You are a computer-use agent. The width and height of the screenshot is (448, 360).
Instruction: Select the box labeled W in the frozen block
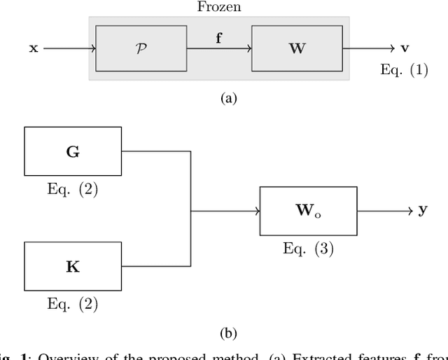click(x=297, y=48)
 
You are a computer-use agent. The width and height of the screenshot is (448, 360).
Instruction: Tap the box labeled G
click(x=72, y=151)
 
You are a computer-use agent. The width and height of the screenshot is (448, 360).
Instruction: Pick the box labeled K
click(x=72, y=266)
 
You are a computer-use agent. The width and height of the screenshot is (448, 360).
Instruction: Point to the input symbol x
click(x=33, y=49)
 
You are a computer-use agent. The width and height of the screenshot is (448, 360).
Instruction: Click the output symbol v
click(x=405, y=48)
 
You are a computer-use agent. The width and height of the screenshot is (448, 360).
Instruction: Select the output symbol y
click(x=423, y=209)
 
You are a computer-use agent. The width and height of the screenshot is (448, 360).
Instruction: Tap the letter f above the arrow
click(x=220, y=39)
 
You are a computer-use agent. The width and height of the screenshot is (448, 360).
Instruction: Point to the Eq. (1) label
click(x=403, y=70)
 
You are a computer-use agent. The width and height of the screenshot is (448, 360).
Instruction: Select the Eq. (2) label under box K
click(x=72, y=303)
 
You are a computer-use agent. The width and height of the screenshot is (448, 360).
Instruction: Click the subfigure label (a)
click(x=229, y=99)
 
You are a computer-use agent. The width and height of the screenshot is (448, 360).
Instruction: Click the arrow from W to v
click(x=369, y=49)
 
